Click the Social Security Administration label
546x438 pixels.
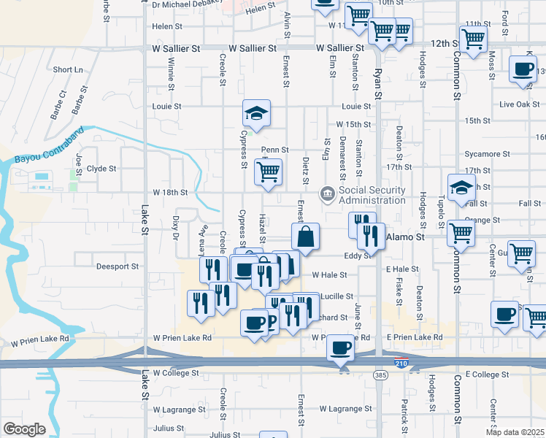(x=372, y=196)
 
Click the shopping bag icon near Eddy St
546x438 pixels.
(x=306, y=237)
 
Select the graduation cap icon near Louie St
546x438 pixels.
(x=257, y=113)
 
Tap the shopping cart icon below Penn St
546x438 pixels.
(x=268, y=173)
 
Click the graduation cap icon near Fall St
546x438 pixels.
(x=461, y=188)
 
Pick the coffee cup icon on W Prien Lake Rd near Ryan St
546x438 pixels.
(x=340, y=348)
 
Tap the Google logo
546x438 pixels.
(x=24, y=429)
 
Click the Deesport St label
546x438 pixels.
(x=117, y=266)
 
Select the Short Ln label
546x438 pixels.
(x=68, y=69)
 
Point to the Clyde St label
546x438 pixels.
(x=101, y=169)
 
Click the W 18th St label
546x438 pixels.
(x=170, y=193)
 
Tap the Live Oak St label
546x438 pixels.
(x=518, y=104)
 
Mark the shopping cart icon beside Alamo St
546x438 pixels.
(x=461, y=234)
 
